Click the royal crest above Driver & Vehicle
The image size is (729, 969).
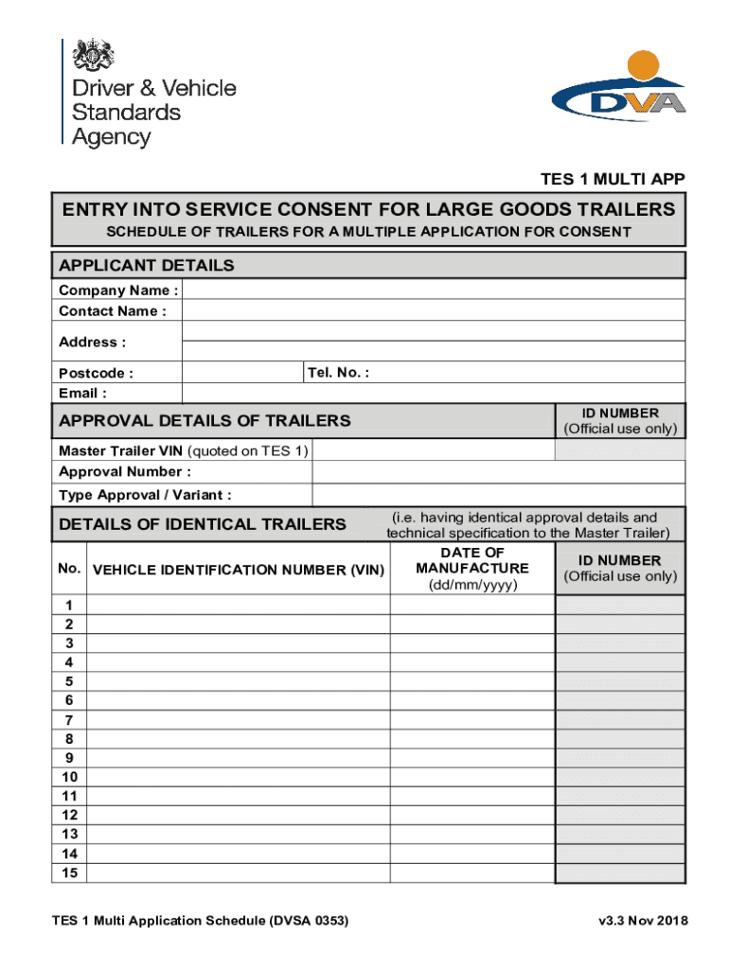point(93,56)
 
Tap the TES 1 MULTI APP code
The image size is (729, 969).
point(613,180)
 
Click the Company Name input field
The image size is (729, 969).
point(433,290)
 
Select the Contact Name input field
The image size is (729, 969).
point(433,310)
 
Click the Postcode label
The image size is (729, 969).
point(96,373)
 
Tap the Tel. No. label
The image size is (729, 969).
point(338,372)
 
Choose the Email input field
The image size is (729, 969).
point(433,393)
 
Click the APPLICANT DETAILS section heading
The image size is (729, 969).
point(146,266)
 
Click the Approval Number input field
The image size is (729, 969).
point(499,471)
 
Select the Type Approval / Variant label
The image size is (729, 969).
point(144,495)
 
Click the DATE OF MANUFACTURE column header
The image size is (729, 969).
point(472,569)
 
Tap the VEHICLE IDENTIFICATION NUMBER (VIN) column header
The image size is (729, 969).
point(238,570)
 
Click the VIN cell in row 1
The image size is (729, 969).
point(238,605)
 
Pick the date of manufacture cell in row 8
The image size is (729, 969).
point(472,739)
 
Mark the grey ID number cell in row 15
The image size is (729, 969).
point(619,872)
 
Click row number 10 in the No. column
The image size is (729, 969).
point(68,777)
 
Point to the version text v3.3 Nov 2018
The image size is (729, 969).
point(642,921)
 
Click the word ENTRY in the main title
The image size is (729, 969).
point(94,209)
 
